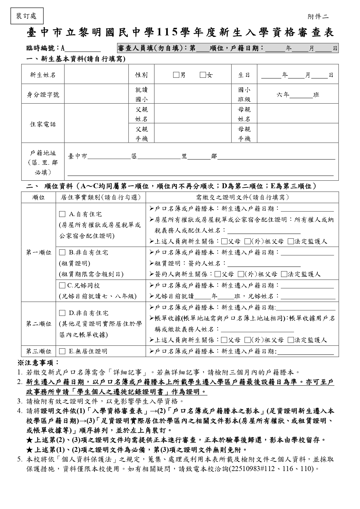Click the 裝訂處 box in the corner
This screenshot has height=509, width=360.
click(27, 16)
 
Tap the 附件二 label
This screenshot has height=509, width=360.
click(318, 17)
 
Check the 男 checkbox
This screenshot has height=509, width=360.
click(176, 75)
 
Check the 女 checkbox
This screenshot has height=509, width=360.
click(203, 75)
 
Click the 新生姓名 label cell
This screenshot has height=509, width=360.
click(43, 75)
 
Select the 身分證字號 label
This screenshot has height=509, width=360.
click(43, 95)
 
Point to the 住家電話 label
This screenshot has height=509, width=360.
click(43, 124)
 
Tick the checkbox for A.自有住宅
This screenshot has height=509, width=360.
click(62, 214)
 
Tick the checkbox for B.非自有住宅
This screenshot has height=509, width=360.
click(62, 252)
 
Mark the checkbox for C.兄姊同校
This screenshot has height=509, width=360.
click(62, 285)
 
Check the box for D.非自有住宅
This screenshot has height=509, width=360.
click(62, 313)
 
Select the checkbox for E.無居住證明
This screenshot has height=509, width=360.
click(62, 351)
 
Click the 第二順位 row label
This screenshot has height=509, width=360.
click(39, 324)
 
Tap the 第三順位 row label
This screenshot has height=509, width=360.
click(39, 351)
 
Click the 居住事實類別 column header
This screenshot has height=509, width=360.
click(101, 198)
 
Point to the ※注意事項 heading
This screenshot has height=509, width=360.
click(38, 363)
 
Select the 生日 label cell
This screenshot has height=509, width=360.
click(244, 75)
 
